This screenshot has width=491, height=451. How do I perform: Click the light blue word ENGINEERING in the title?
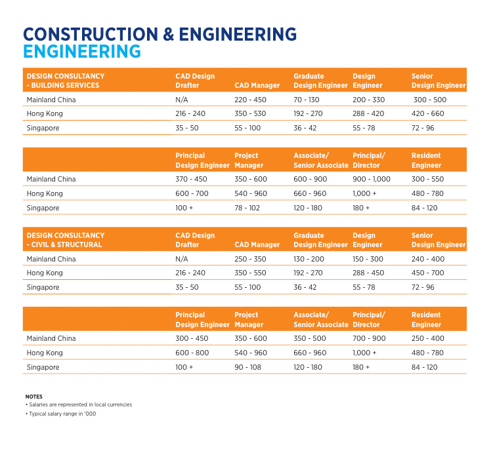pyautogui.click(x=82, y=52)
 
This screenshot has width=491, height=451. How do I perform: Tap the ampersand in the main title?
pyautogui.click(x=169, y=34)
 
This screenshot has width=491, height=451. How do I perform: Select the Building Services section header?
pyautogui.click(x=66, y=81)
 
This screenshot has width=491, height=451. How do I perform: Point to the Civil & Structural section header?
pyautogui.click(x=66, y=240)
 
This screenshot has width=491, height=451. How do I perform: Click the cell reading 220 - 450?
pyautogui.click(x=250, y=100)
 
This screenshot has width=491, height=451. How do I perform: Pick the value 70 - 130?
pyautogui.click(x=307, y=100)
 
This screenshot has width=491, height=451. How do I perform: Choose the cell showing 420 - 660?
pyautogui.click(x=427, y=113)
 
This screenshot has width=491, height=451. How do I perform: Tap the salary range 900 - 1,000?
pyautogui.click(x=372, y=179)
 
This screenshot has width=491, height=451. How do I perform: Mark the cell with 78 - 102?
pyautogui.click(x=247, y=208)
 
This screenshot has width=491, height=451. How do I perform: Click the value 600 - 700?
pyautogui.click(x=192, y=193)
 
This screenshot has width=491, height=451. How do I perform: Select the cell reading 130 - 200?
pyautogui.click(x=309, y=259)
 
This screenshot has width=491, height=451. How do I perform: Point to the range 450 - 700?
pyautogui.click(x=427, y=273)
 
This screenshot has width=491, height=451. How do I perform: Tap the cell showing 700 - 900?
pyautogui.click(x=369, y=338)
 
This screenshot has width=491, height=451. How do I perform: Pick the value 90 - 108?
pyautogui.click(x=247, y=367)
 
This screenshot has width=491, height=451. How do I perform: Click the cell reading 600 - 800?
pyautogui.click(x=192, y=353)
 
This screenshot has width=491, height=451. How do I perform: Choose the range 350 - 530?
pyautogui.click(x=250, y=113)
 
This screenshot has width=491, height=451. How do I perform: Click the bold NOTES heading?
pyautogui.click(x=34, y=397)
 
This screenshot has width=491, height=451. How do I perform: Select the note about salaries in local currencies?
pyautogui.click(x=79, y=404)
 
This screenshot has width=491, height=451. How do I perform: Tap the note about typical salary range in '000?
pyautogui.click(x=61, y=414)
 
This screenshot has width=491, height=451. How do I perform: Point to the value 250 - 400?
pyautogui.click(x=428, y=338)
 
